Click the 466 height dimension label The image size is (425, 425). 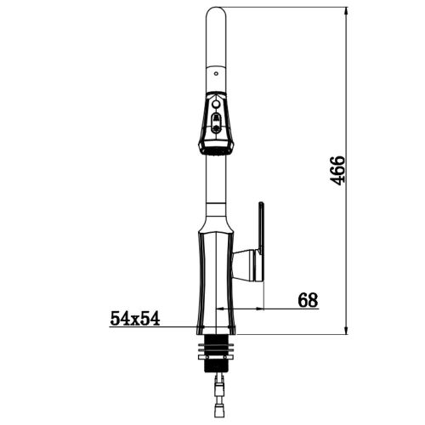(x=337, y=170)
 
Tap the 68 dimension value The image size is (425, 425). (x=308, y=300)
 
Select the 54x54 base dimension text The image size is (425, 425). (x=135, y=318)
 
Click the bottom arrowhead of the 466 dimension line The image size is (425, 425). (x=345, y=329)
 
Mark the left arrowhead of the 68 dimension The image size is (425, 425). (x=220, y=309)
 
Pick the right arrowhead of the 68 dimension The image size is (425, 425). (x=259, y=309)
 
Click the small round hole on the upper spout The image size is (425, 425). (x=216, y=74)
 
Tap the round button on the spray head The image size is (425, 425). (x=216, y=105)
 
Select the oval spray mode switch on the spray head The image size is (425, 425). (x=216, y=122)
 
